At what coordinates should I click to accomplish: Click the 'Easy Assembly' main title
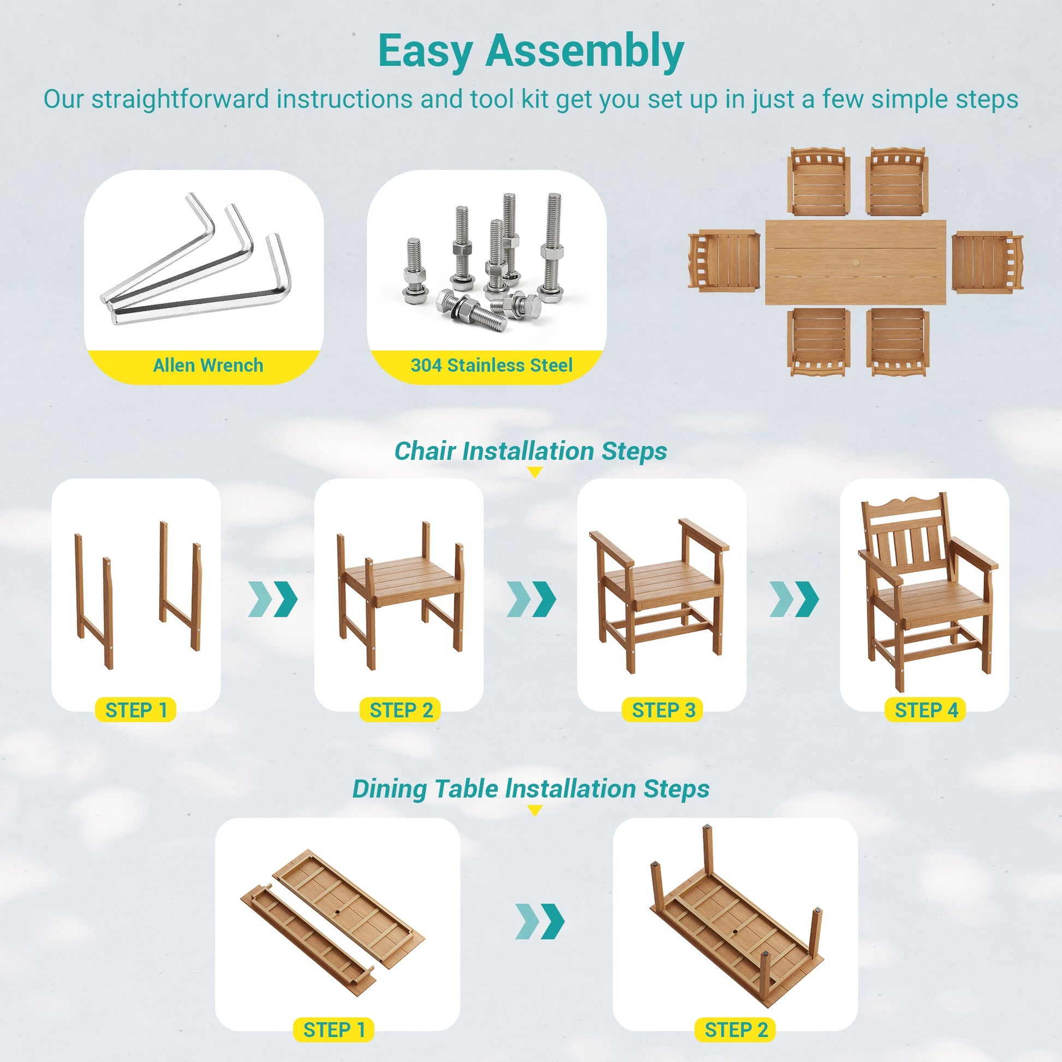531,52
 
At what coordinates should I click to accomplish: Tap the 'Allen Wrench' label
208,365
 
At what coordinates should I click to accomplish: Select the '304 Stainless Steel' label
491,365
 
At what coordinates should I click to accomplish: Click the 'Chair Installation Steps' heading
530,451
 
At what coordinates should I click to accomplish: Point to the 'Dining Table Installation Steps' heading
530,789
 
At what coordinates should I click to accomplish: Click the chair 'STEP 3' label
664,710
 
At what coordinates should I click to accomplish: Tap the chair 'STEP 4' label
926,710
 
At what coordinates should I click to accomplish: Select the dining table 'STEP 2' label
736,1030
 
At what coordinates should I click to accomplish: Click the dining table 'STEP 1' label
333,1030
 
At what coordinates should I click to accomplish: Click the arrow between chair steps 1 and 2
273,599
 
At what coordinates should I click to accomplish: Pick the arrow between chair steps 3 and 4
794,599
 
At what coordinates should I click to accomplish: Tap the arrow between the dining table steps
540,921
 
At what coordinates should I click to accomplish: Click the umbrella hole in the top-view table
856,264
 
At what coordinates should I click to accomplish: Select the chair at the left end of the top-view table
724,260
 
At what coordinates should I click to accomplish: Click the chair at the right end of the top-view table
987,261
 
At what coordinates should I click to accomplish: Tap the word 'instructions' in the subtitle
345,99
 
